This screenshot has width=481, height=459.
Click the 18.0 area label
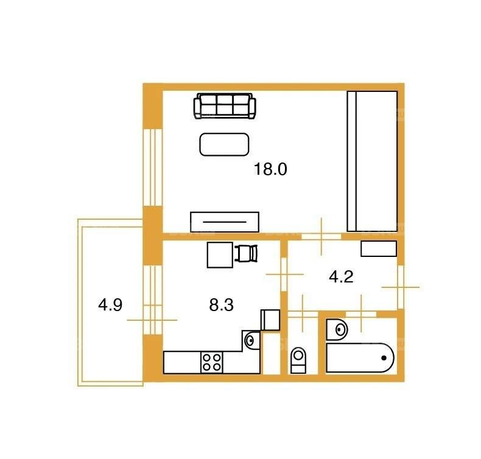click(270, 169)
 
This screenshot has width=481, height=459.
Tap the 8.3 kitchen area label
click(221, 305)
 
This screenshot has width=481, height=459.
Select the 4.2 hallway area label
click(341, 277)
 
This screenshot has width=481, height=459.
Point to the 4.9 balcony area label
click(110, 305)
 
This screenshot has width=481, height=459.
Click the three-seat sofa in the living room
click(225, 106)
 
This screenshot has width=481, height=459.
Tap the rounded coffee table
click(224, 144)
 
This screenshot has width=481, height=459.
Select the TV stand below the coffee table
click(225, 222)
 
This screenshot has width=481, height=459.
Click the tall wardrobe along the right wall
click(372, 161)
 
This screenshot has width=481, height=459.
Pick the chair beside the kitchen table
click(246, 254)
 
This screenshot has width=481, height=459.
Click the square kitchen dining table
click(220, 255)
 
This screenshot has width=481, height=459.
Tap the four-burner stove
click(212, 362)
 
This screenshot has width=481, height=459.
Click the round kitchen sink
click(250, 340)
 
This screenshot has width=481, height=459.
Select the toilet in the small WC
click(298, 360)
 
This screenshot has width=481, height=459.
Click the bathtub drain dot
click(384, 358)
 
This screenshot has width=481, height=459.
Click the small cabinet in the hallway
click(379, 248)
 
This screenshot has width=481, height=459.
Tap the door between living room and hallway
click(321, 236)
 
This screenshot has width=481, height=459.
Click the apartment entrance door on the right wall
click(400, 287)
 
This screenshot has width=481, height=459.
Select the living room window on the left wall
click(152, 167)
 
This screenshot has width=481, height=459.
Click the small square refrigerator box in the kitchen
click(270, 320)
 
